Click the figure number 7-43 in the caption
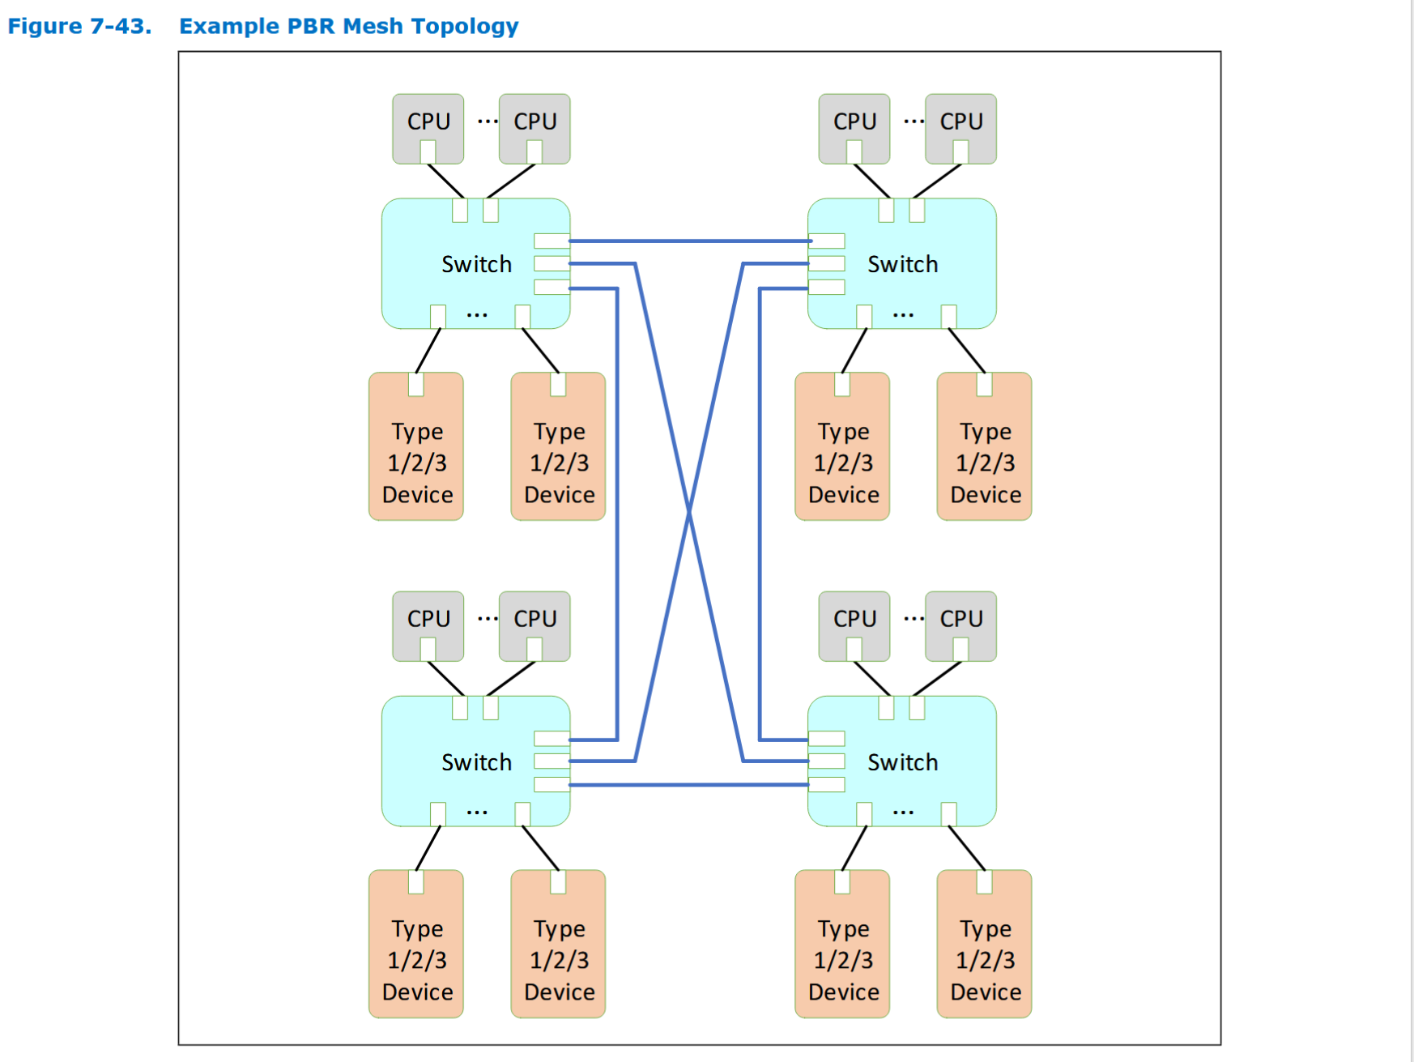click(x=119, y=26)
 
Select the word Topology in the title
click(x=465, y=26)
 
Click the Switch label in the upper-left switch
click(x=476, y=264)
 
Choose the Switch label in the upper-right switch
click(x=902, y=264)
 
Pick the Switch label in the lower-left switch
click(x=476, y=762)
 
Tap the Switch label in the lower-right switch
click(x=902, y=762)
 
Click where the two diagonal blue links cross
click(x=689, y=511)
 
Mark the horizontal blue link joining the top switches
click(x=688, y=241)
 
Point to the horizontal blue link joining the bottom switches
click(x=688, y=785)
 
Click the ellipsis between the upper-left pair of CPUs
click(x=488, y=122)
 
